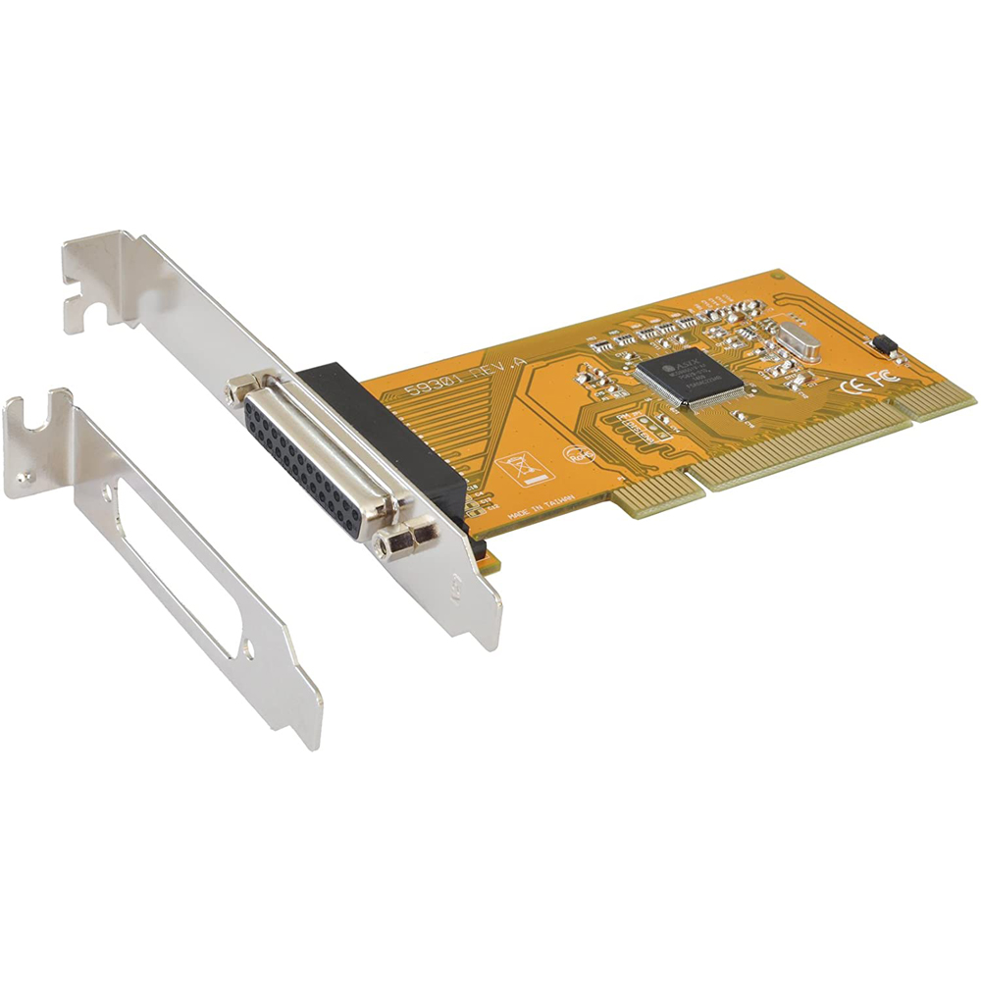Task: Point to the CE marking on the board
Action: [852, 385]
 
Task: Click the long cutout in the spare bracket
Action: [177, 559]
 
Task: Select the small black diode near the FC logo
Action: [882, 344]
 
